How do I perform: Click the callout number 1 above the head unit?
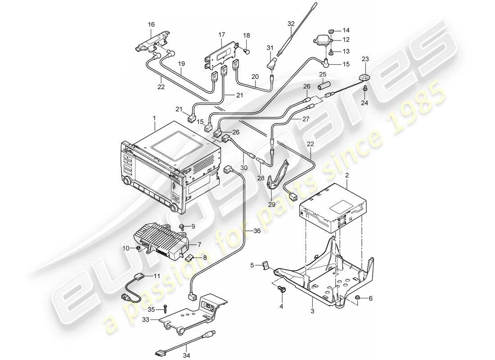154,117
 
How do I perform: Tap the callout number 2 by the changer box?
346,175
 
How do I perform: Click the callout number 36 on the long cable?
257,231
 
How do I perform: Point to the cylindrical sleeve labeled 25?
324,85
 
